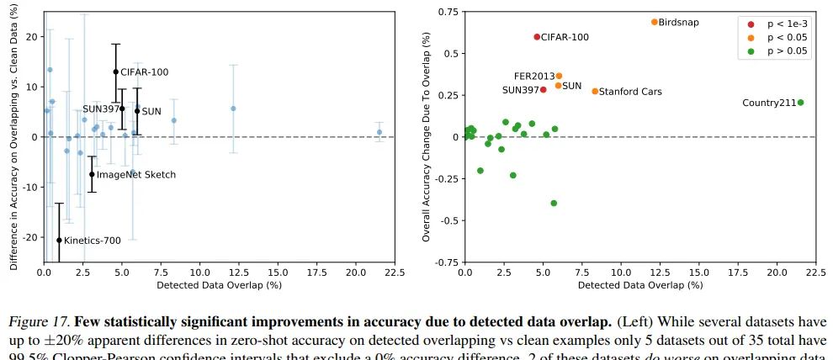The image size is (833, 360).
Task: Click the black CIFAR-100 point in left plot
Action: (116, 71)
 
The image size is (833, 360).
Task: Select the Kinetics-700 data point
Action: (59, 240)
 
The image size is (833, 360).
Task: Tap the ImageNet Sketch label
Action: (136, 175)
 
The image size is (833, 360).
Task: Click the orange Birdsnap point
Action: (654, 22)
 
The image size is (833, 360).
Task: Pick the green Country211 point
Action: (800, 103)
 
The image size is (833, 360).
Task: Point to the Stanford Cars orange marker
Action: (595, 91)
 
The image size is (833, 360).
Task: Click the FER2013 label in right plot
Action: (533, 76)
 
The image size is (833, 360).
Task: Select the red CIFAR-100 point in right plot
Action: (537, 37)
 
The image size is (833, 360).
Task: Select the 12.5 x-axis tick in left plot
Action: (238, 273)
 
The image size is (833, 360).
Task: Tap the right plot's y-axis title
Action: (427, 136)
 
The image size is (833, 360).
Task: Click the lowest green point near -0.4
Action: (554, 203)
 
